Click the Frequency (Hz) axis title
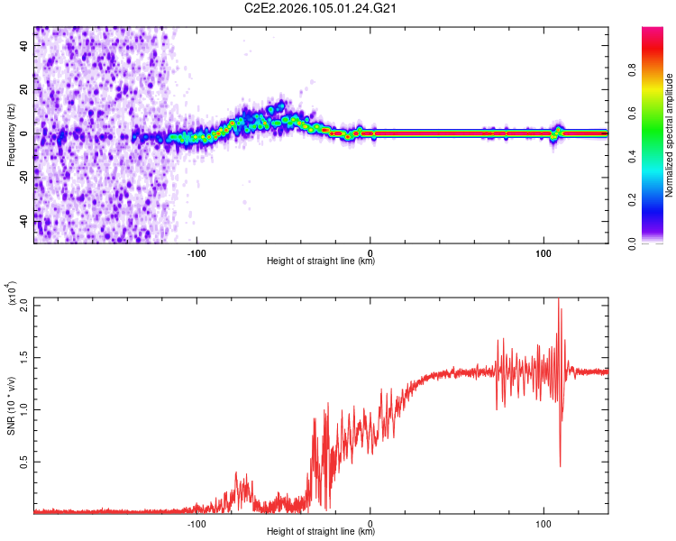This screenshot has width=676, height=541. [11, 133]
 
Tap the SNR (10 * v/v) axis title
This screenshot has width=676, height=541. [11, 405]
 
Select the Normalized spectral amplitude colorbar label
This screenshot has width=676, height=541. [670, 135]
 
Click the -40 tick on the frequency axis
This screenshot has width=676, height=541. [24, 221]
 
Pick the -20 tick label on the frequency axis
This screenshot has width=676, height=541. [24, 177]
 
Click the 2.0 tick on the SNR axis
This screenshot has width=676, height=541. [24, 305]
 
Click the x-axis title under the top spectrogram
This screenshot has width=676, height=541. [321, 261]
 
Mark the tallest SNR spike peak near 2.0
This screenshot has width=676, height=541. [558, 300]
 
